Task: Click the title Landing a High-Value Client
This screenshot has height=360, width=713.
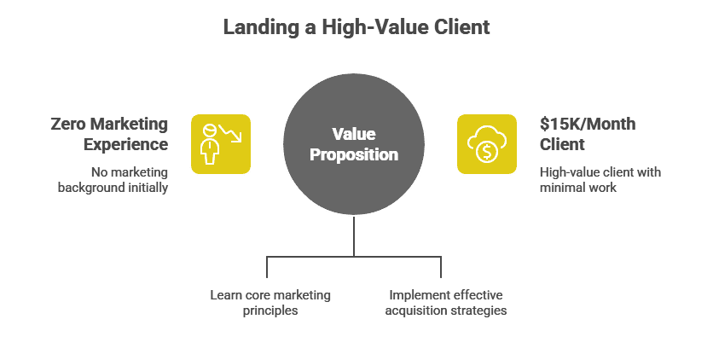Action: coord(356,27)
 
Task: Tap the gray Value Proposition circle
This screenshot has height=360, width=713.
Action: coord(353,144)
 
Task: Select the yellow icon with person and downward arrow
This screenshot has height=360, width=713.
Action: coord(220,144)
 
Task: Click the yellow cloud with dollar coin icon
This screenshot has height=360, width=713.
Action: coord(487,144)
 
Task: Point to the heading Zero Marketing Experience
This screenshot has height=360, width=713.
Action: coord(109,133)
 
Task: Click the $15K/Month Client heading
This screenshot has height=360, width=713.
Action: coord(588,133)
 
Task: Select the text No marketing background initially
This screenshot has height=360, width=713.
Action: coord(113,180)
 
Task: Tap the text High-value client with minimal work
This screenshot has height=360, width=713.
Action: coord(600,180)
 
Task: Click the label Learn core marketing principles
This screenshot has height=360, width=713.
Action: coord(270,303)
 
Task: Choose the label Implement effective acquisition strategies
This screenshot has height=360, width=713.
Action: coord(445,303)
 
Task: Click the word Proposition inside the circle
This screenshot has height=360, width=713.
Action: coord(353,155)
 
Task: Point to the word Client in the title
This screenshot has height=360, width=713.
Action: coord(461,27)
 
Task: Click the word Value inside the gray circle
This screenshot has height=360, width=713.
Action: coord(353,134)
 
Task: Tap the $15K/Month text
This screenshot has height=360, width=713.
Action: coord(588,124)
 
